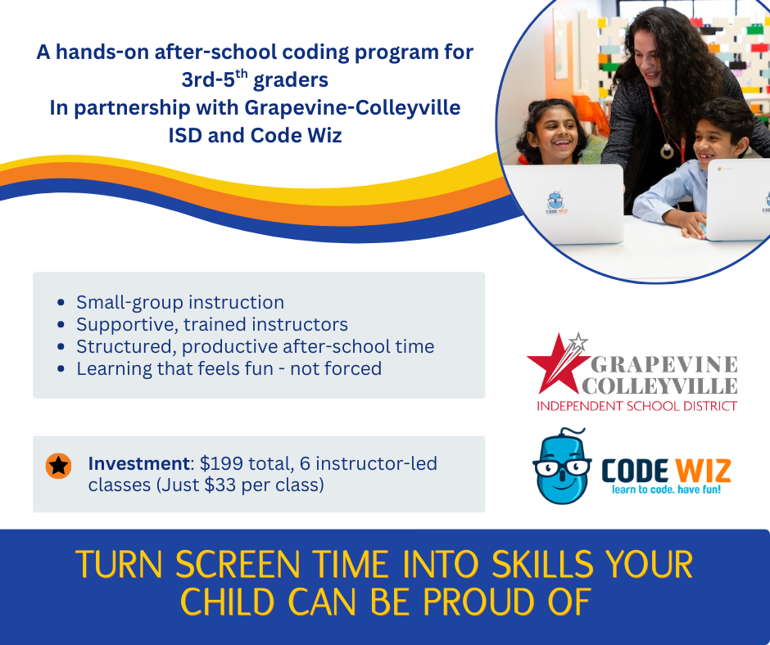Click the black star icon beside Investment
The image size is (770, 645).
pos(58,466)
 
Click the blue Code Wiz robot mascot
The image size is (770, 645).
pos(562,468)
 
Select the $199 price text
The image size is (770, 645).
pos(224,464)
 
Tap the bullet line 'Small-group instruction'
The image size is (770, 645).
pos(180,302)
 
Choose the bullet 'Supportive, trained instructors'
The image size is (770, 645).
pos(212,324)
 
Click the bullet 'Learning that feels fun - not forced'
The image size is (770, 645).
pos(229,368)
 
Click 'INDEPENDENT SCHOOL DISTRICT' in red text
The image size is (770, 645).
pos(636,406)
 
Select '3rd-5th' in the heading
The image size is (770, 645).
pos(215,80)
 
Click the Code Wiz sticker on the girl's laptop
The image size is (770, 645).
pos(558,203)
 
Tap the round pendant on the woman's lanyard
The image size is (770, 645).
pos(667,151)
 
